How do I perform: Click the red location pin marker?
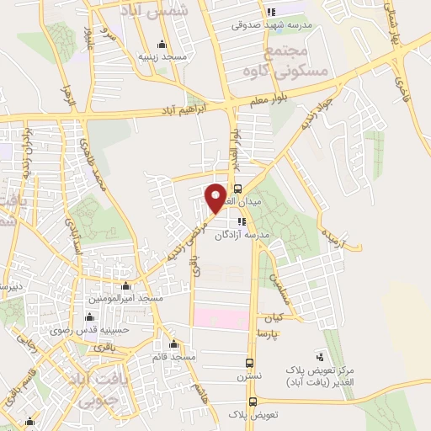pos(215,197)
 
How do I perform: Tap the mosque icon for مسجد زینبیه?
pos(162,45)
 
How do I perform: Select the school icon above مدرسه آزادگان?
pos(242,221)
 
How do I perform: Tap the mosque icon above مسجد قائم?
pos(173,343)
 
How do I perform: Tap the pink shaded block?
pos(221,317)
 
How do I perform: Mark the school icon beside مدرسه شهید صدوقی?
pos(271,12)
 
